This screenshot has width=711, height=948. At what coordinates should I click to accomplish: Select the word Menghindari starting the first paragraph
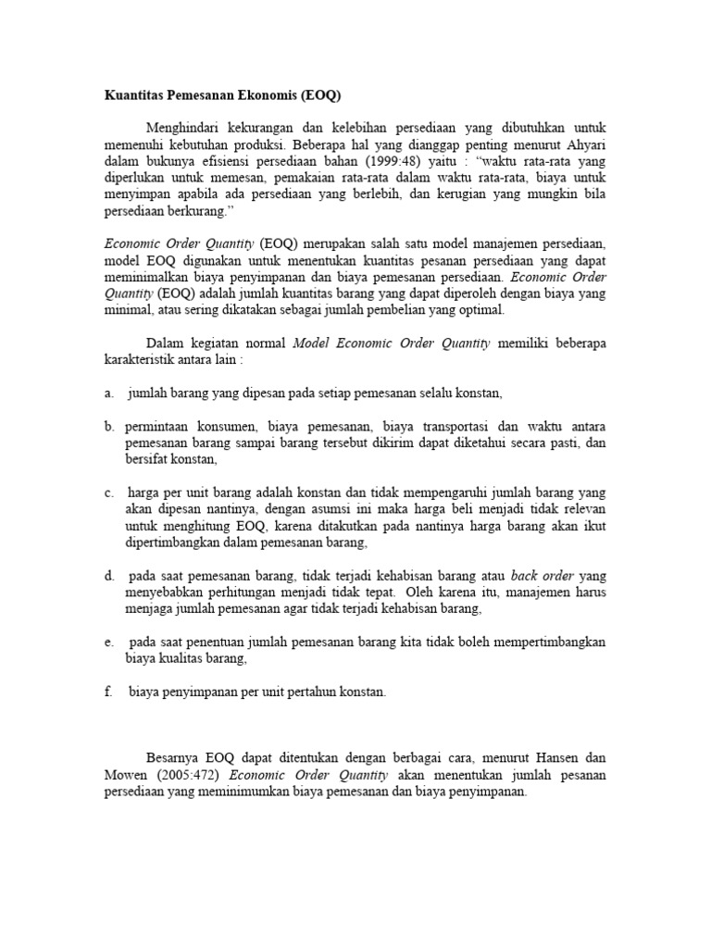pyautogui.click(x=183, y=126)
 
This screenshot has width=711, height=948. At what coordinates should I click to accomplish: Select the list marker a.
pyautogui.click(x=107, y=393)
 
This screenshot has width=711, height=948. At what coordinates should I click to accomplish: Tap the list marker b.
pyautogui.click(x=108, y=426)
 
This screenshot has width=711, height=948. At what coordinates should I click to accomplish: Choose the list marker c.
pyautogui.click(x=107, y=493)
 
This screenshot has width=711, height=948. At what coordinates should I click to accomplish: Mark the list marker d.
pyautogui.click(x=108, y=576)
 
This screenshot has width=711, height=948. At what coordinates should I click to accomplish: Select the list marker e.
pyautogui.click(x=107, y=642)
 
